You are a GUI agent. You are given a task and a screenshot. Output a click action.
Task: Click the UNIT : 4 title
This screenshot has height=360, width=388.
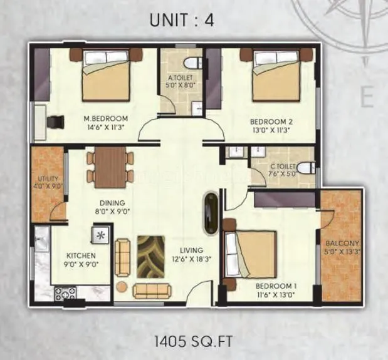click(x=182, y=19)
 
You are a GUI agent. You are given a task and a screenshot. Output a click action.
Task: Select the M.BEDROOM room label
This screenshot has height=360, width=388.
click(x=106, y=118)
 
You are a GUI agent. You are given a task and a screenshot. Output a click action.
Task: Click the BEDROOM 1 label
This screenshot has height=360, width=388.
click(x=276, y=287)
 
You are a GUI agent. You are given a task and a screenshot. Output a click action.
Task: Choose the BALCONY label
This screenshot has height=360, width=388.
click(x=342, y=244)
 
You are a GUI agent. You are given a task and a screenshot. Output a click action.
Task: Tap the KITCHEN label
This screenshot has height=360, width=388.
click(x=81, y=255)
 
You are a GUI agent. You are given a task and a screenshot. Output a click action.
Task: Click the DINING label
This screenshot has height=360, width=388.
click(x=111, y=203)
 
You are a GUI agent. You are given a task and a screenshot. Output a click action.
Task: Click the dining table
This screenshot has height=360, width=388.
click(x=110, y=167)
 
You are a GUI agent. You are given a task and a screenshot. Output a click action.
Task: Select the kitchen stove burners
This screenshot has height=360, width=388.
click(x=65, y=292)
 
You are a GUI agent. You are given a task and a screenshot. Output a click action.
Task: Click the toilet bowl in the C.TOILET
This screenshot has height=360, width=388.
click(x=305, y=168)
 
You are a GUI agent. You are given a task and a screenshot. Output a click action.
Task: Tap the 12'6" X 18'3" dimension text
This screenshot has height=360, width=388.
click(x=186, y=256)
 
